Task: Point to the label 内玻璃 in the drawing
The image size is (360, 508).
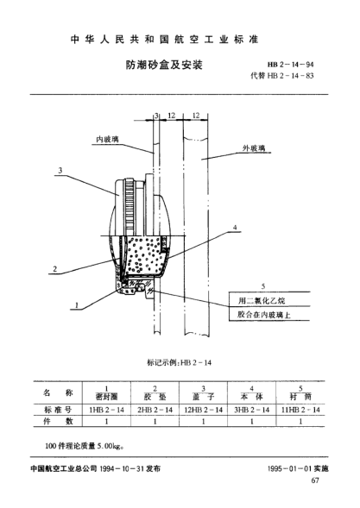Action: (108, 138)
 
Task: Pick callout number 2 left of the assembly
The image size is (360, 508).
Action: (54, 269)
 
